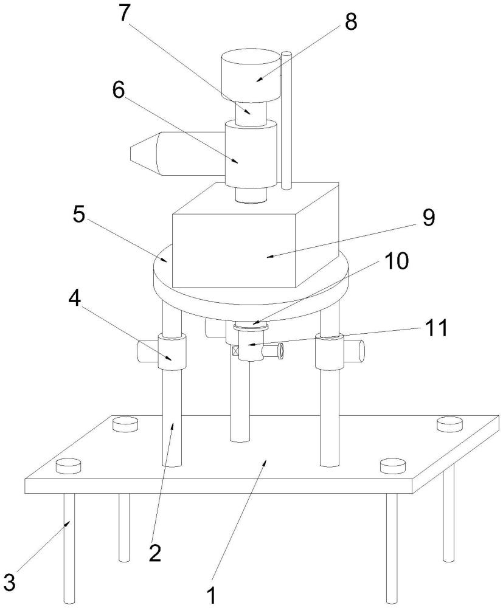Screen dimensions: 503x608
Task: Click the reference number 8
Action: click(350, 22)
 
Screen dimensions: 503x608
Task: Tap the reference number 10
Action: click(395, 261)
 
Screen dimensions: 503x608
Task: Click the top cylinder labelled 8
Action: click(250, 74)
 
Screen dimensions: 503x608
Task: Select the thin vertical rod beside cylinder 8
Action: click(286, 120)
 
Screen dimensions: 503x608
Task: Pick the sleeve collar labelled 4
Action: click(172, 353)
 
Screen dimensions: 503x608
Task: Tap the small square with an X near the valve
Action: click(235, 351)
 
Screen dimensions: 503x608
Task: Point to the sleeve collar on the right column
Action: click(329, 351)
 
